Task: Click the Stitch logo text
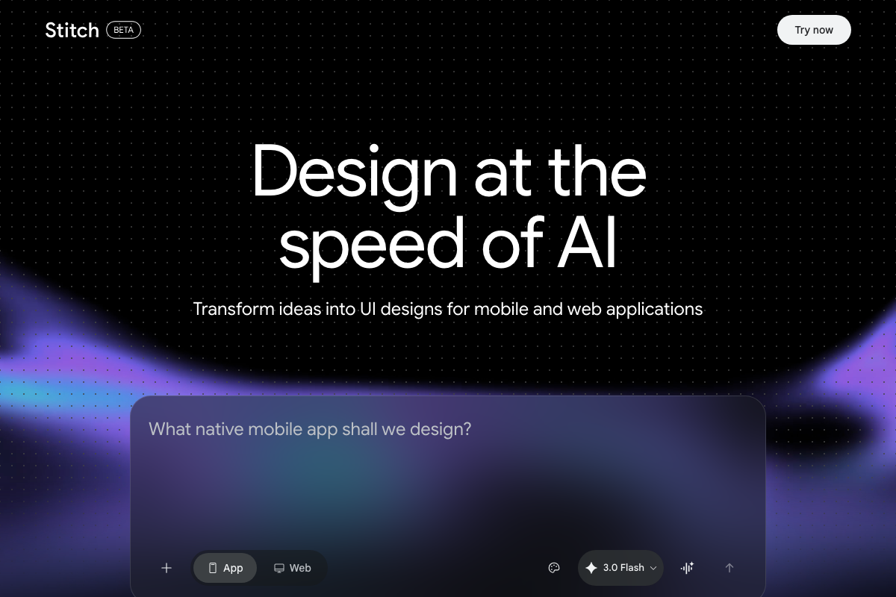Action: [72, 30]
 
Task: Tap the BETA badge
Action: [124, 30]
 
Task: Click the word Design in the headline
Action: [353, 172]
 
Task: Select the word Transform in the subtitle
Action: [234, 309]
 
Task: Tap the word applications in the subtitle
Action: [654, 309]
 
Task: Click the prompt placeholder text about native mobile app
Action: [310, 429]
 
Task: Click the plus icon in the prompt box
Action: [167, 568]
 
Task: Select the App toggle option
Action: [225, 568]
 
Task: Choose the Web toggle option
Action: [292, 568]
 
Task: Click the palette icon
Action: [554, 568]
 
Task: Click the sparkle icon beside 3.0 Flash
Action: [591, 568]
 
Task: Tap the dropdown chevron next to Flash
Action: [653, 568]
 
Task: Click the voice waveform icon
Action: [688, 568]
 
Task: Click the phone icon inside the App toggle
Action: [213, 568]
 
